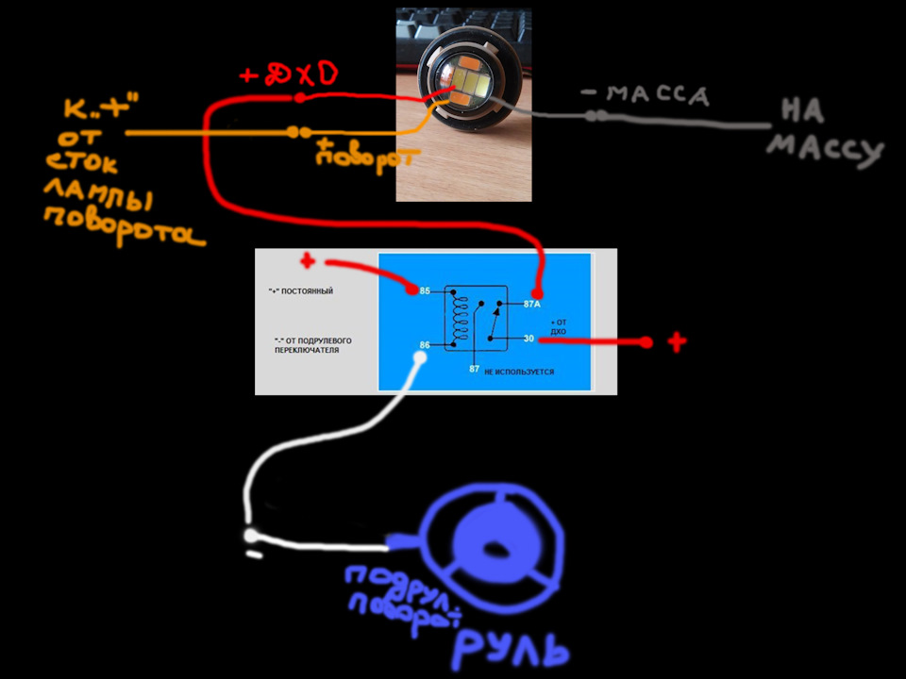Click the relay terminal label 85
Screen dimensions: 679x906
426,290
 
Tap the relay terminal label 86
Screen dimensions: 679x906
426,344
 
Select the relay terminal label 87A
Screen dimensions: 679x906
530,305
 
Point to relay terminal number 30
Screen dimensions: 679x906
529,338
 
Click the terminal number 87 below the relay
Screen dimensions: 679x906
475,369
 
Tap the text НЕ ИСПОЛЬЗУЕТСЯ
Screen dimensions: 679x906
519,373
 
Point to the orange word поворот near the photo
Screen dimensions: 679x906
351,155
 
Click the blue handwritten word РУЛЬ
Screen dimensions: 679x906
510,648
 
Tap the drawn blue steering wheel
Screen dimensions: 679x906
495,542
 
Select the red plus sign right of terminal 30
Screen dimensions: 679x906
677,341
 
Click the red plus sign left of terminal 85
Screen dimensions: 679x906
307,261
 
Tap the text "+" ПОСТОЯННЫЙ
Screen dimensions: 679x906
300,291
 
